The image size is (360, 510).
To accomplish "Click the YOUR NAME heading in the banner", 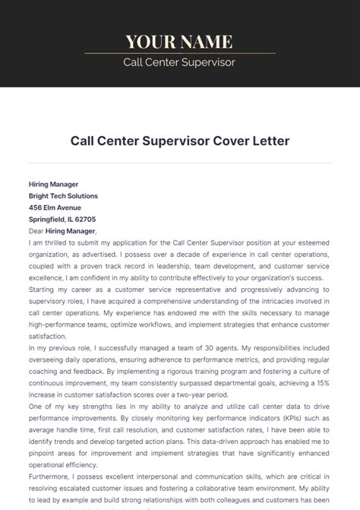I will pyautogui.click(x=179, y=41).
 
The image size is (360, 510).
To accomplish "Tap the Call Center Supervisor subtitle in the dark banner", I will pyautogui.click(x=179, y=62).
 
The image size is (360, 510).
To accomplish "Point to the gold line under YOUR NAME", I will pyautogui.click(x=179, y=53).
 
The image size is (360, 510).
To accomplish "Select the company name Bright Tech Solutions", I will pyautogui.click(x=63, y=195).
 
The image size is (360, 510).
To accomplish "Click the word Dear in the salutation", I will pyautogui.click(x=36, y=230).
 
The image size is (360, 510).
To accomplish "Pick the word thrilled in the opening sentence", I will pyautogui.click(x=63, y=242).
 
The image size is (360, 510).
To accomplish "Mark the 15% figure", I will pyautogui.click(x=324, y=384).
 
